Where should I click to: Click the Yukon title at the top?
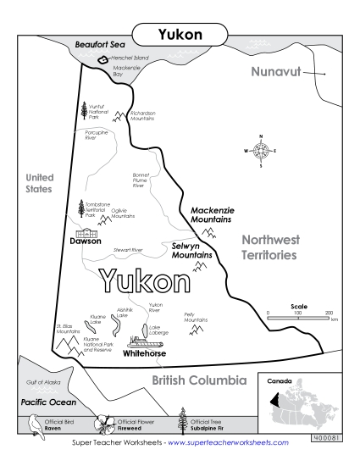click(180, 36)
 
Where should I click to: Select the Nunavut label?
click(277, 72)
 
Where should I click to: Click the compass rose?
click(261, 151)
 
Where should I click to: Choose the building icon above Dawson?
click(87, 232)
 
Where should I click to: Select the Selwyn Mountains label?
click(191, 250)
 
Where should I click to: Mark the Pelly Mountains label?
click(196, 318)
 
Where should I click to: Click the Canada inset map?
click(307, 404)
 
